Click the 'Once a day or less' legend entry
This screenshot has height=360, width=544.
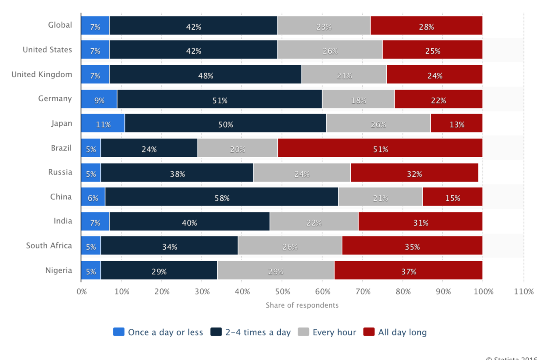coord(158,332)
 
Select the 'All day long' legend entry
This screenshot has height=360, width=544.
coord(395,332)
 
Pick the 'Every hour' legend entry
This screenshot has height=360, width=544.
coord(327,332)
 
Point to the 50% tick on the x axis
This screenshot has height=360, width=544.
coord(282,292)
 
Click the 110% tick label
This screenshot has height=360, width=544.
coord(524,292)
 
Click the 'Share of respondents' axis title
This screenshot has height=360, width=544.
coord(302,305)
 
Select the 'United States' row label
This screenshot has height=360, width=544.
coord(47,50)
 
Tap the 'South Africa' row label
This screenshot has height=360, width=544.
coord(49,246)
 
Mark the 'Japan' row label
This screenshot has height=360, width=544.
coord(61,123)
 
